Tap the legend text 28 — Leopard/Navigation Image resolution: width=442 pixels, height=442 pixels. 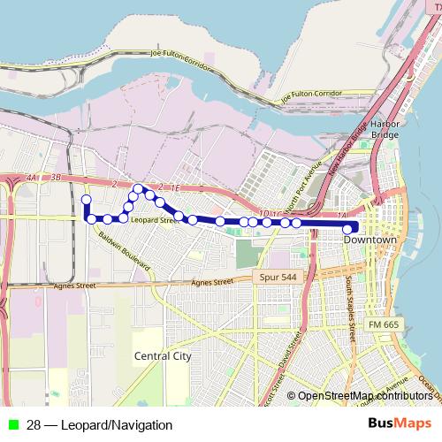click(x=99, y=425)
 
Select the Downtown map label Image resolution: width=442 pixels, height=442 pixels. click(x=370, y=240)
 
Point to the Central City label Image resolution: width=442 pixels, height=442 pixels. click(x=163, y=356)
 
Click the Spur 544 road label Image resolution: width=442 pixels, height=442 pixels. click(x=278, y=278)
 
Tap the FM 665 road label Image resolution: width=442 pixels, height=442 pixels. click(x=385, y=325)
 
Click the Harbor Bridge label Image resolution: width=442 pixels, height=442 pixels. click(x=385, y=130)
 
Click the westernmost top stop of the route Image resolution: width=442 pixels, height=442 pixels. click(x=87, y=200)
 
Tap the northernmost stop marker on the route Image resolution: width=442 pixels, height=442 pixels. click(x=138, y=188)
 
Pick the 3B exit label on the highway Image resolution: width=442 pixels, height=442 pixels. click(x=57, y=178)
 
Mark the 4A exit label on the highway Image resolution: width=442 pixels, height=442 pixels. click(x=33, y=178)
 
